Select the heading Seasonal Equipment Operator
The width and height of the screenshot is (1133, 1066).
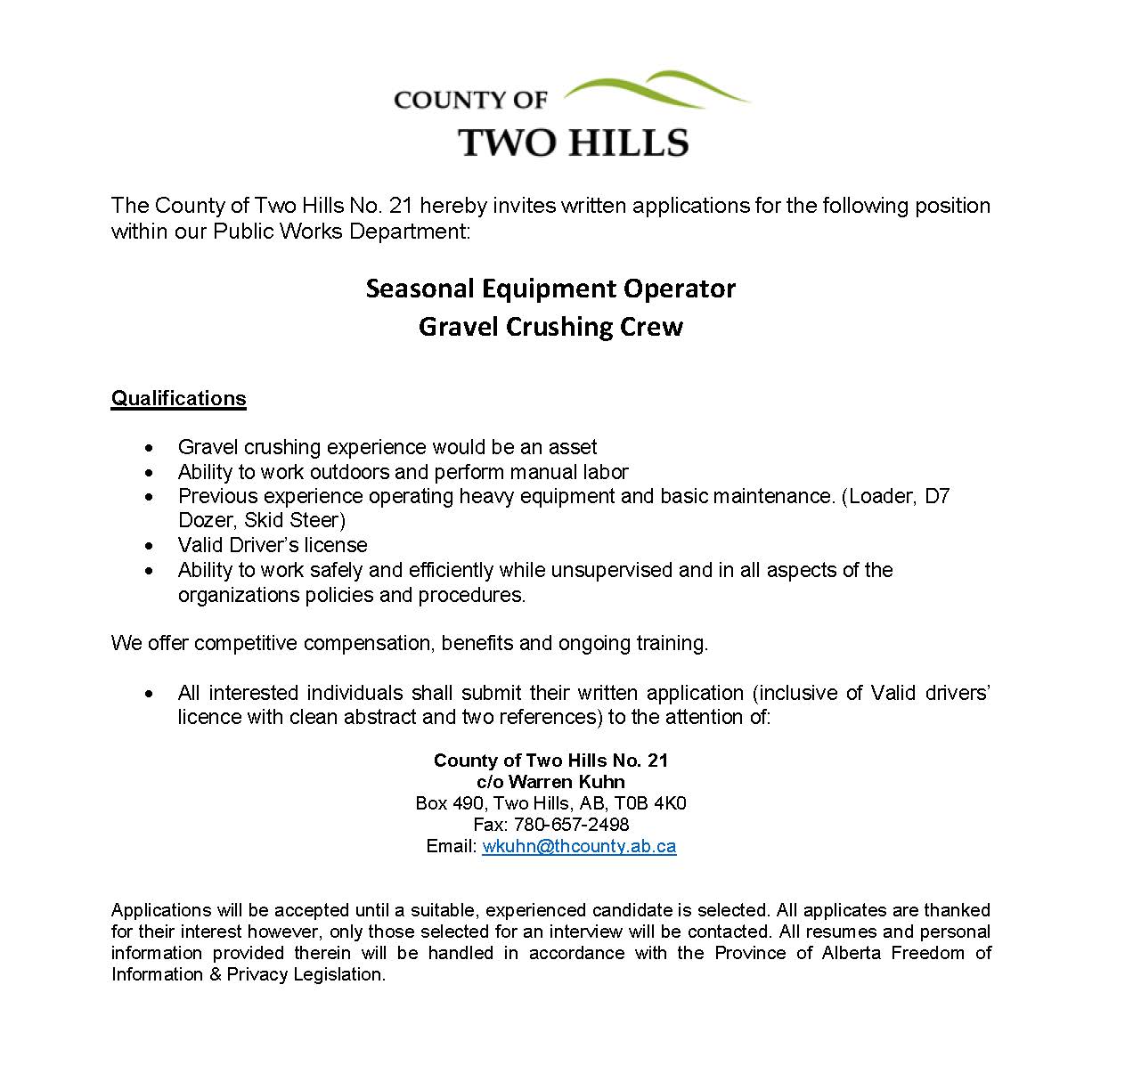[550, 289]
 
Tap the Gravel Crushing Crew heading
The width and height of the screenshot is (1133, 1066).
[550, 327]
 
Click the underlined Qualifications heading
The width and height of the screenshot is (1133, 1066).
[178, 398]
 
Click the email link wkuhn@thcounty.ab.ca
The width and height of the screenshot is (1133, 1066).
[579, 846]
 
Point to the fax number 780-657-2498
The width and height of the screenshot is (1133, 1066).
[571, 825]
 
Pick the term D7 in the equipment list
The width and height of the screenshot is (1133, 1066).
[937, 496]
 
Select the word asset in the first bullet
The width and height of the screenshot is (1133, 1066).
[572, 447]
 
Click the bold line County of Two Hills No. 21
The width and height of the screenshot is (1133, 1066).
[550, 761]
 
